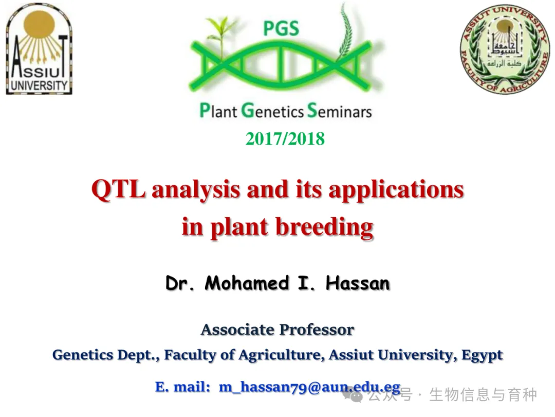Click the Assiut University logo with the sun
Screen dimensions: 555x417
pyautogui.click(x=39, y=49)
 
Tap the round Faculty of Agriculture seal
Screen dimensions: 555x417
pyautogui.click(x=505, y=49)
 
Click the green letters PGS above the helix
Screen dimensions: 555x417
pyautogui.click(x=282, y=28)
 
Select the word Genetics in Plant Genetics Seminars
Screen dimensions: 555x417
pyautogui.click(x=272, y=111)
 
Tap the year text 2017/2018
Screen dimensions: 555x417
pyautogui.click(x=285, y=138)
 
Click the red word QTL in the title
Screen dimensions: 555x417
pyautogui.click(x=119, y=189)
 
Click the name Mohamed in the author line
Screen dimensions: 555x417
pyautogui.click(x=247, y=283)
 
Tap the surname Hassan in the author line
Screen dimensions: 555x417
pyautogui.click(x=358, y=283)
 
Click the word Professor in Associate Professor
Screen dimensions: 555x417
pyautogui.click(x=317, y=330)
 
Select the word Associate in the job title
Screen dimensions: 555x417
pyautogui.click(x=238, y=330)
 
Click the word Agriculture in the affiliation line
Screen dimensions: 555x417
pyautogui.click(x=282, y=355)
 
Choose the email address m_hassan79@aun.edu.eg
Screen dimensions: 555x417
pyautogui.click(x=310, y=387)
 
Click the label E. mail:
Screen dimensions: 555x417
pyautogui.click(x=182, y=387)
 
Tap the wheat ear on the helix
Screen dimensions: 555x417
pyautogui.click(x=345, y=32)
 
